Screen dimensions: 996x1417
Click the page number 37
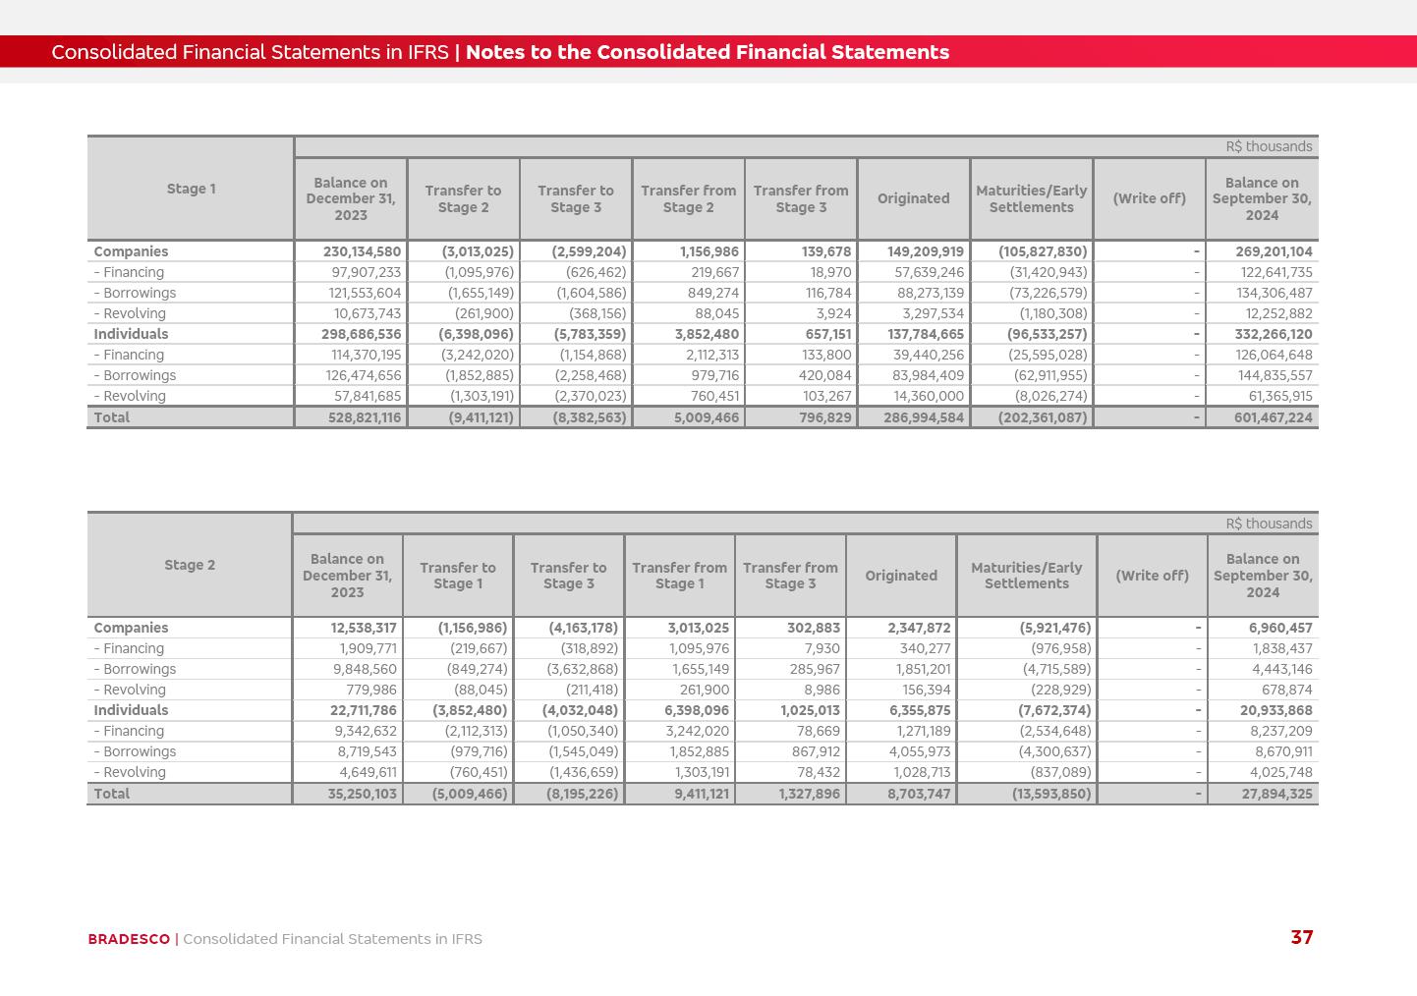tap(1301, 938)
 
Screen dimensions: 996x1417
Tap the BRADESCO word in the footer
tap(129, 939)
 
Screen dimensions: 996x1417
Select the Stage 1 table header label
tap(191, 189)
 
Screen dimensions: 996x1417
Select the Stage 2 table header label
tap(190, 565)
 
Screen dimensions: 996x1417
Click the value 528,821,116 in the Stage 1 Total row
tap(364, 417)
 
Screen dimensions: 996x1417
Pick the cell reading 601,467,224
tap(1273, 417)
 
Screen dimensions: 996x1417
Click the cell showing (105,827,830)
tap(1043, 251)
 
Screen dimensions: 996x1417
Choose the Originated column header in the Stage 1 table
tap(913, 198)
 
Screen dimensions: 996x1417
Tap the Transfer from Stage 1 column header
tap(679, 576)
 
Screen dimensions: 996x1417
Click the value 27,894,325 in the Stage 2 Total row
tap(1276, 794)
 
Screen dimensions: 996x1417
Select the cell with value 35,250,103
tap(362, 794)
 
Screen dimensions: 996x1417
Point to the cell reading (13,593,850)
tap(1051, 794)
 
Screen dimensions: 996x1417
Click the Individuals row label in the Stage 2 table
tap(131, 710)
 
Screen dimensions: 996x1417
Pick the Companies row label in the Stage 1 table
tap(131, 251)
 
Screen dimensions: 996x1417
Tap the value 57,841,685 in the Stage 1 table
tap(364, 396)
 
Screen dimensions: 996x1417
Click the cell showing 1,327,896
tap(809, 794)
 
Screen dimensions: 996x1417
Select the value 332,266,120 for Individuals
tap(1273, 334)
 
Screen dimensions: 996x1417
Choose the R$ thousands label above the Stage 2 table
tap(1269, 524)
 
